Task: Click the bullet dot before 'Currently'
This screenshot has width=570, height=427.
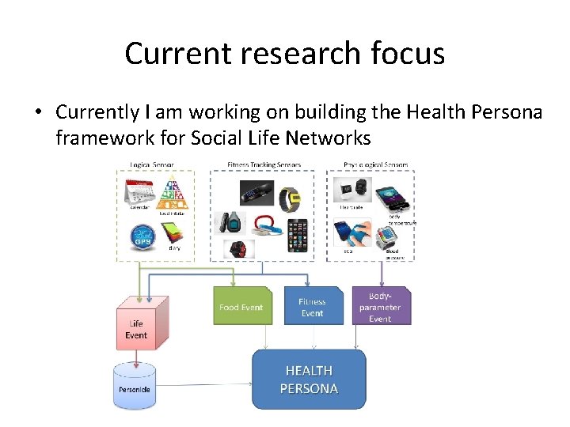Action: [x=38, y=112]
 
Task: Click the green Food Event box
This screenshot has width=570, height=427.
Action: [x=241, y=306]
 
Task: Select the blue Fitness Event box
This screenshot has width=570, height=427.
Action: [x=313, y=306]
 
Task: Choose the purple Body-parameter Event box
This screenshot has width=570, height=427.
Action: [x=381, y=306]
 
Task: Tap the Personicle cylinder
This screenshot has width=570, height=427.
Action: [x=135, y=387]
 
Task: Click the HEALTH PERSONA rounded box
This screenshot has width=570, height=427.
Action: [x=309, y=380]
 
